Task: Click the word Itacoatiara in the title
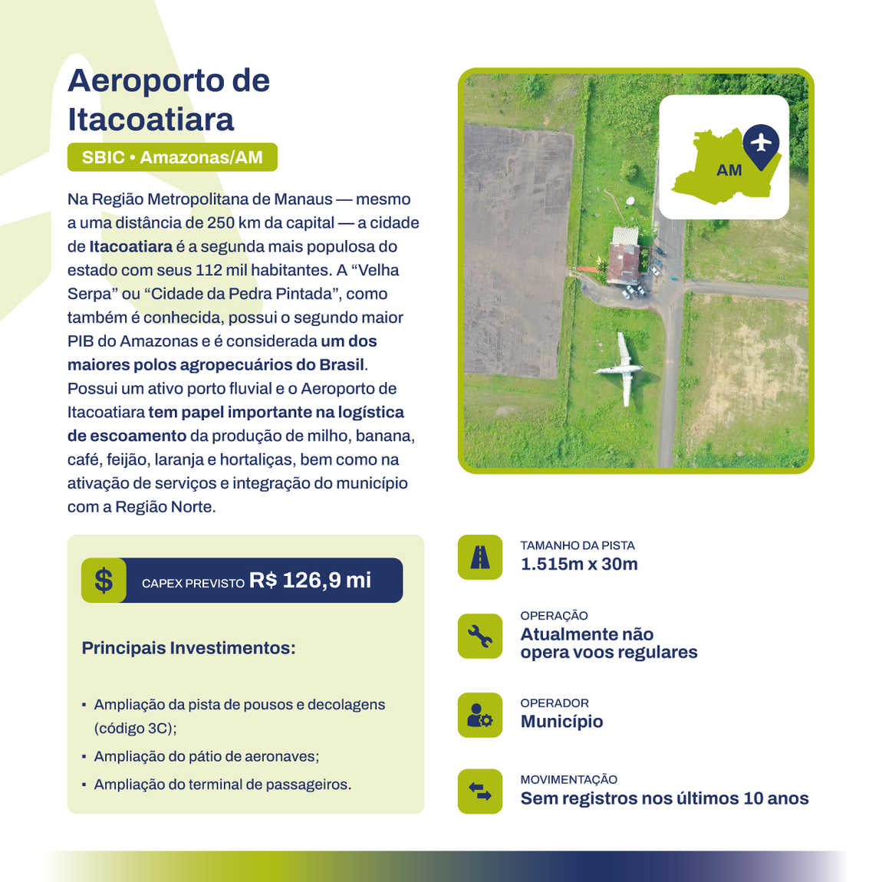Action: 151,120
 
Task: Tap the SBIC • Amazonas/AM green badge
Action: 172,157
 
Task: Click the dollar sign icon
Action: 104,580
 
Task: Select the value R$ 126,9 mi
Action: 310,580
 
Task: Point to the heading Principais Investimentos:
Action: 189,648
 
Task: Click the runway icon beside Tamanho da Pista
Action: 480,557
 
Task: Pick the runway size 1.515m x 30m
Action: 579,564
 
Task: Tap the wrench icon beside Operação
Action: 480,636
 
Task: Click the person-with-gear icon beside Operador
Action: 480,715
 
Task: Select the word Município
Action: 561,722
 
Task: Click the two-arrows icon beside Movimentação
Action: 480,791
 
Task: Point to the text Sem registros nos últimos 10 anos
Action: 664,798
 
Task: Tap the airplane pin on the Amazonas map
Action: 761,143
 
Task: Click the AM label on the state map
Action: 729,170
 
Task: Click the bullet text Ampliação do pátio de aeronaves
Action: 206,756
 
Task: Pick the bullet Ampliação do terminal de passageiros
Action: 222,785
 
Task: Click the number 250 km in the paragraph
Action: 230,223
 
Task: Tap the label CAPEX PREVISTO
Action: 193,584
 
